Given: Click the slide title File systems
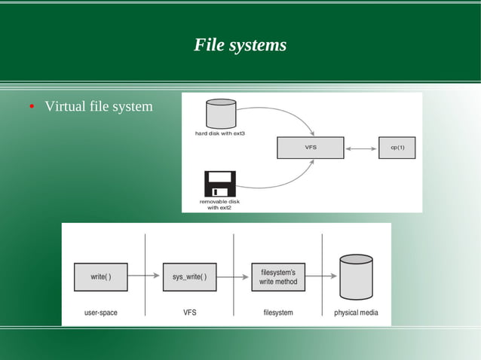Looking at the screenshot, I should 240,45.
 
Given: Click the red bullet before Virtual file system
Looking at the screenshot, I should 32,107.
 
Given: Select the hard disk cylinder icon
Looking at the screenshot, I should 220,114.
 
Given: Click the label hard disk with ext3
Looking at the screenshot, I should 220,133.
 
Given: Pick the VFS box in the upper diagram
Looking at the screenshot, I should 310,148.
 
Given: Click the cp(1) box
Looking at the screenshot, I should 397,148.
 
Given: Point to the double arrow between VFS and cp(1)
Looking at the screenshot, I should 360,148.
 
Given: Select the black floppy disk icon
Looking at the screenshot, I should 219,184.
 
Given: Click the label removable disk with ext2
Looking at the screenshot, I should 219,204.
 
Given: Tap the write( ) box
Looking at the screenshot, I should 101,276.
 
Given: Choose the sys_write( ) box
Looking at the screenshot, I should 189,276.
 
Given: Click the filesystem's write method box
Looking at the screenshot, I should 278,276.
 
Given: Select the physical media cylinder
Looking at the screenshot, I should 356,276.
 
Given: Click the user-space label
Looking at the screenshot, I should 100,313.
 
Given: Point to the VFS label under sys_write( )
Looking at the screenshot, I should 189,313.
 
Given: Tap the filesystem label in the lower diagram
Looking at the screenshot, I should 277,313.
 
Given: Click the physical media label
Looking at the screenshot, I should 356,313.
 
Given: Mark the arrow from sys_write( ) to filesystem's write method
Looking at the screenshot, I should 234,276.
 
